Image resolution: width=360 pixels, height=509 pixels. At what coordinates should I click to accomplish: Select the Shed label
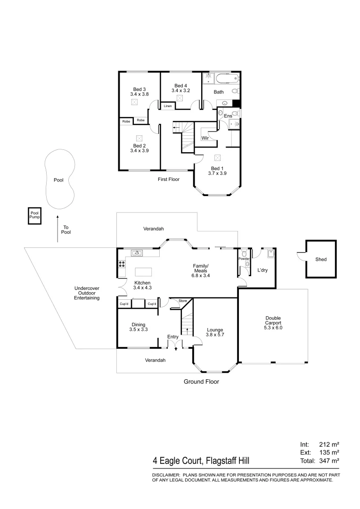click(321, 259)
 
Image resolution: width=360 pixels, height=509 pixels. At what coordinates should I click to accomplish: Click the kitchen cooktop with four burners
click(122, 264)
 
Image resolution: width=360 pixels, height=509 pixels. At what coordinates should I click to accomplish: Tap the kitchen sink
click(137, 253)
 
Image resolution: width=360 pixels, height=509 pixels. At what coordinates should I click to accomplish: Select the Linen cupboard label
click(168, 107)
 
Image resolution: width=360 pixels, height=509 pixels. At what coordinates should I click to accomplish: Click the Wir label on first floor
click(205, 138)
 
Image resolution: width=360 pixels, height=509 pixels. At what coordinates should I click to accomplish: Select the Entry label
click(173, 337)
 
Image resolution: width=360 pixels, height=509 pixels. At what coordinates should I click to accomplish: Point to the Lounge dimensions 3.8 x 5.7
click(214, 335)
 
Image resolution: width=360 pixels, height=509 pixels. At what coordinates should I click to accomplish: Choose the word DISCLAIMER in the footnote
click(165, 475)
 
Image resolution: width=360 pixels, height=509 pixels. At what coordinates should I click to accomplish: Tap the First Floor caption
click(168, 179)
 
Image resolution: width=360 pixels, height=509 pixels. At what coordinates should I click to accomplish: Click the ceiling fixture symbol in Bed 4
click(180, 98)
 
